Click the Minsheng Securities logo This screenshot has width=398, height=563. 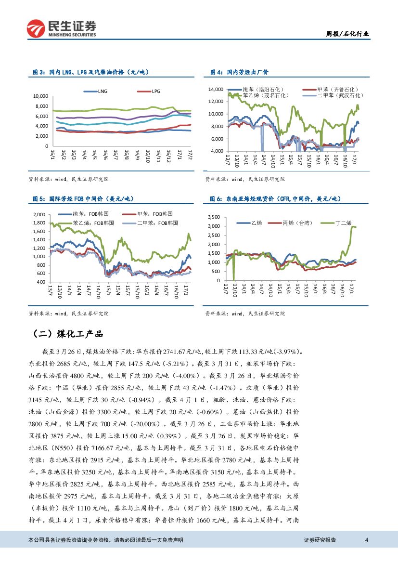tap(61, 28)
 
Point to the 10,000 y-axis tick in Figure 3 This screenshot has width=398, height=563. tap(41, 96)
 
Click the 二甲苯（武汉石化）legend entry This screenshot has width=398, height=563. tap(337, 95)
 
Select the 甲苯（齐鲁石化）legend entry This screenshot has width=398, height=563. tap(337, 90)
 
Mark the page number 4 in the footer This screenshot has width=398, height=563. tap(367, 540)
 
